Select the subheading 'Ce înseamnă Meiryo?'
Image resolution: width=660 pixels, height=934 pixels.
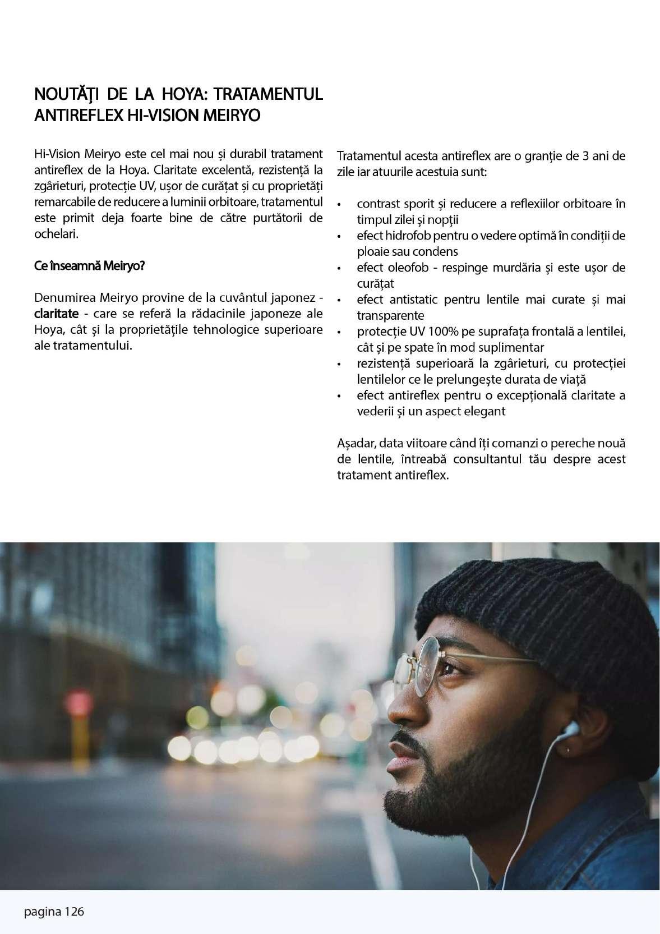click(89, 265)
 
